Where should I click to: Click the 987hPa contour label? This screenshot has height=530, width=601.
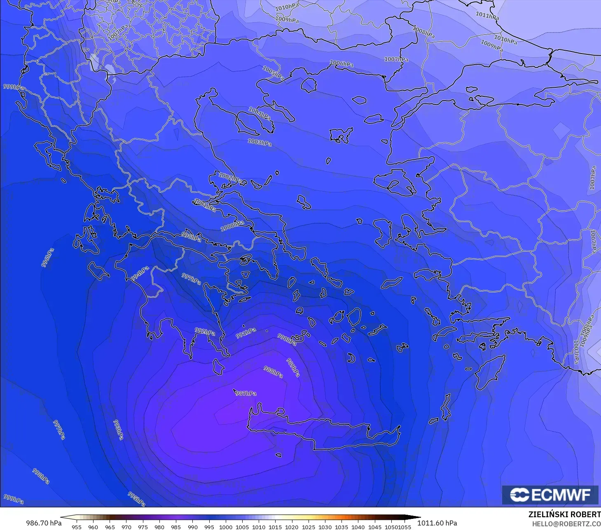(x=246, y=393)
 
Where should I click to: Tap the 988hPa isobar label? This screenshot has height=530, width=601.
(x=273, y=371)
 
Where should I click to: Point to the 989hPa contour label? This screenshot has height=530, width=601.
(x=293, y=367)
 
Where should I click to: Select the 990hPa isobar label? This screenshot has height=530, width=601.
(x=287, y=339)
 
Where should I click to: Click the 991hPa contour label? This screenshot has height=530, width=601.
(x=246, y=333)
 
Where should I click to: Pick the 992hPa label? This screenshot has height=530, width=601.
(x=205, y=332)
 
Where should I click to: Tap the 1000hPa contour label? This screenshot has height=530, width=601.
(x=232, y=225)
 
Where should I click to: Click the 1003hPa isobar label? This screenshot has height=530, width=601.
(x=260, y=142)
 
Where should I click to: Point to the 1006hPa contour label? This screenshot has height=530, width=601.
(x=341, y=64)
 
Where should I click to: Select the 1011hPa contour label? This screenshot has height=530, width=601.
(x=487, y=16)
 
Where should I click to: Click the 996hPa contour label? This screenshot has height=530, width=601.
(x=47, y=257)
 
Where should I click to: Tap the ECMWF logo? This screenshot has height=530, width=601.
(x=550, y=495)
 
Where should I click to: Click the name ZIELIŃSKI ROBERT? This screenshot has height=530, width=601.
(x=564, y=514)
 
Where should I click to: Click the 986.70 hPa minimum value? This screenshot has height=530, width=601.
(x=44, y=523)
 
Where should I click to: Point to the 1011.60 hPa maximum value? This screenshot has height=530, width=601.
(x=437, y=523)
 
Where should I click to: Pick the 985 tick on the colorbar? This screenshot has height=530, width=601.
(x=176, y=527)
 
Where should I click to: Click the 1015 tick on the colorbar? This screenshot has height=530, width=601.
(x=275, y=527)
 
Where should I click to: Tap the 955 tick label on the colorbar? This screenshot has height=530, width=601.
(x=77, y=527)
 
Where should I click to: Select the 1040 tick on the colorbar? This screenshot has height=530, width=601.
(x=358, y=527)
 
